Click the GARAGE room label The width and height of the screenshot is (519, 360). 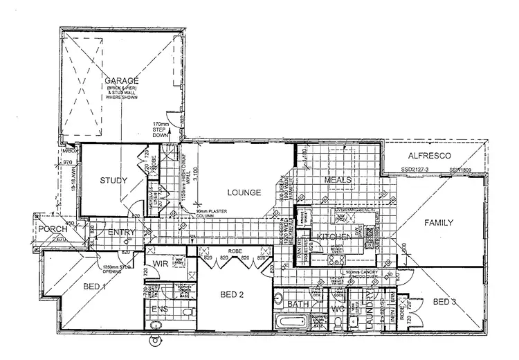[x=122, y=81]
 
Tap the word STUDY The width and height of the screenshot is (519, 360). [x=113, y=181]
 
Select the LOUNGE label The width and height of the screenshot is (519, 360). [x=242, y=192]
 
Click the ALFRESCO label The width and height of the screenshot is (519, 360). [x=429, y=156]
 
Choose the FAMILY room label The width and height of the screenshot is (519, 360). [x=439, y=222]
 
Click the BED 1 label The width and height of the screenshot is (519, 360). [x=95, y=285]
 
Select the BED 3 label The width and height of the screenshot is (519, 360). [x=445, y=301]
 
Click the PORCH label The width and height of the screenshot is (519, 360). [x=52, y=230]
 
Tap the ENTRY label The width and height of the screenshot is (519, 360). [x=122, y=233]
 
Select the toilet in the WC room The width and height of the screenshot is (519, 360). [x=337, y=323]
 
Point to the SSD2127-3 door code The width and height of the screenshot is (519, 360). [x=415, y=169]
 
